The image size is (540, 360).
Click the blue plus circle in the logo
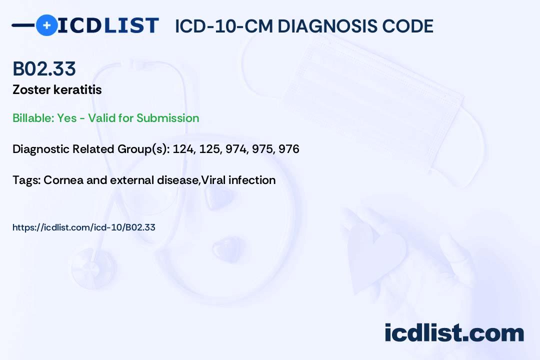(46, 25)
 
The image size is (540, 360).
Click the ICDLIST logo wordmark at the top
(108, 25)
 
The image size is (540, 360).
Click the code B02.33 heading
(44, 69)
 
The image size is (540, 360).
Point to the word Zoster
(28, 90)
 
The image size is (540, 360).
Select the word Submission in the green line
(168, 118)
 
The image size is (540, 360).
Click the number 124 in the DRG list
(182, 149)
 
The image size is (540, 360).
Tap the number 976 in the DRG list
(289, 149)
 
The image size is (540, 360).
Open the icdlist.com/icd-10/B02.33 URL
(84, 227)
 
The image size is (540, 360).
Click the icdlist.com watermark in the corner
(454, 332)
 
